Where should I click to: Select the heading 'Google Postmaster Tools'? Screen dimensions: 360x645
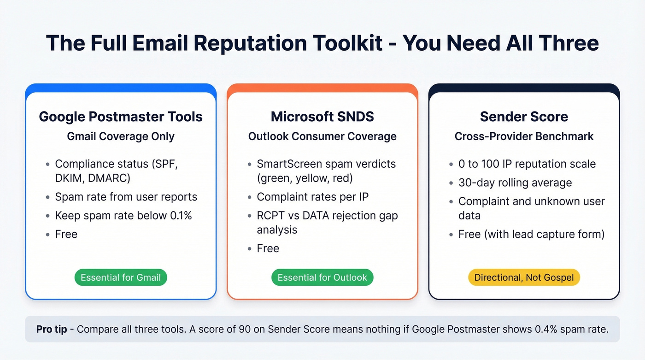pos(121,117)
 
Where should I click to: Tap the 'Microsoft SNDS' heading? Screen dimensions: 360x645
pos(322,117)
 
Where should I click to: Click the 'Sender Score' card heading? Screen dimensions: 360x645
pos(524,117)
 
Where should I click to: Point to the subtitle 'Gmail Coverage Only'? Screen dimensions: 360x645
pos(121,136)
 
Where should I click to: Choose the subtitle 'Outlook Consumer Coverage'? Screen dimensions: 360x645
pos(322,136)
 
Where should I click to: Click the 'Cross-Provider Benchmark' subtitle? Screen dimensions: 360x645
pos(524,136)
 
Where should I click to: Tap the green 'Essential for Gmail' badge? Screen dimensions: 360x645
pos(121,277)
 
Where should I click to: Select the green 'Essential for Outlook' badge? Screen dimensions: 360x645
pos(322,277)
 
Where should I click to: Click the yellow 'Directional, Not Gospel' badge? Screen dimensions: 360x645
pos(524,277)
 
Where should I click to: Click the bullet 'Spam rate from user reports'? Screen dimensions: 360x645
pos(126,197)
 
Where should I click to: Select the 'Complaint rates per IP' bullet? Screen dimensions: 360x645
pos(312,197)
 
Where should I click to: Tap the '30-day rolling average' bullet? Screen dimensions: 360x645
pos(515,183)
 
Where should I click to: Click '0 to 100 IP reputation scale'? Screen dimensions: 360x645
pos(527,164)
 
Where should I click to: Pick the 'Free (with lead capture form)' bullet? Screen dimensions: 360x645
pos(531,234)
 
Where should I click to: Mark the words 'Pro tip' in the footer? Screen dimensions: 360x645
pos(52,329)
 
